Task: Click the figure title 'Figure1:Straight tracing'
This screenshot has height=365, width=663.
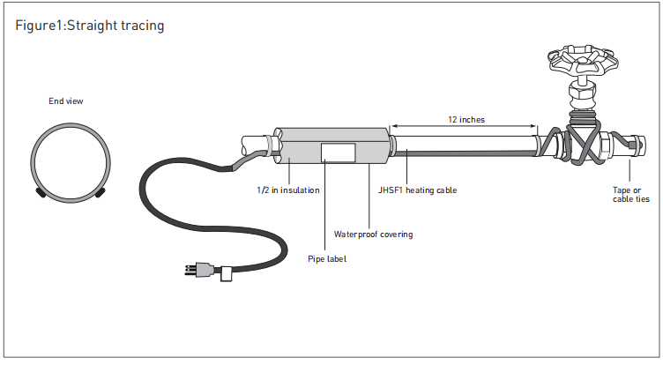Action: (90, 26)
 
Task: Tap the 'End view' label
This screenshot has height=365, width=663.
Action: (66, 101)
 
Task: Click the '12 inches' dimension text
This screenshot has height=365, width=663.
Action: (466, 118)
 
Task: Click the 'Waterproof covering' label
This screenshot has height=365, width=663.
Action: (373, 234)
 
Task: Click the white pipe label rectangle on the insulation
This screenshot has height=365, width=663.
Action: (338, 153)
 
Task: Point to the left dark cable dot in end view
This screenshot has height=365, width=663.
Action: (41, 190)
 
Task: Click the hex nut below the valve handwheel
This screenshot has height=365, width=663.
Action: (582, 92)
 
